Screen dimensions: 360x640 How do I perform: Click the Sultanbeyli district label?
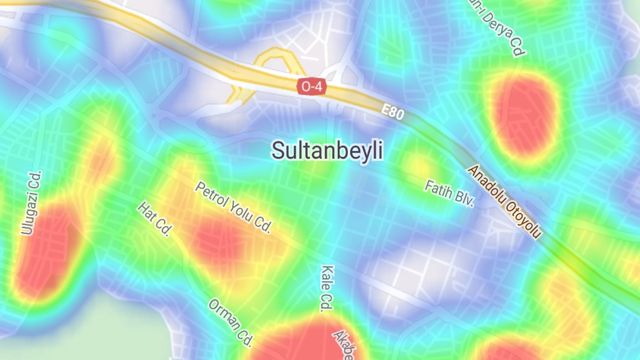pyautogui.click(x=327, y=150)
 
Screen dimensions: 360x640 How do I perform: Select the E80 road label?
pyautogui.click(x=392, y=112)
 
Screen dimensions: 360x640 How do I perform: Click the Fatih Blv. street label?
pyautogui.click(x=449, y=193)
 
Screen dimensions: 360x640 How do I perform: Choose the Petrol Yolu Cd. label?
pyautogui.click(x=233, y=207)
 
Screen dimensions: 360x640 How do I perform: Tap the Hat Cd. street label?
pyautogui.click(x=155, y=219)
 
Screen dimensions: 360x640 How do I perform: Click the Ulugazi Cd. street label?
pyautogui.click(x=32, y=202)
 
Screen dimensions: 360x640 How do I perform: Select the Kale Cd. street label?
pyautogui.click(x=327, y=288)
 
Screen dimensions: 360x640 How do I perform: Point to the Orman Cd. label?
pyautogui.click(x=230, y=322)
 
